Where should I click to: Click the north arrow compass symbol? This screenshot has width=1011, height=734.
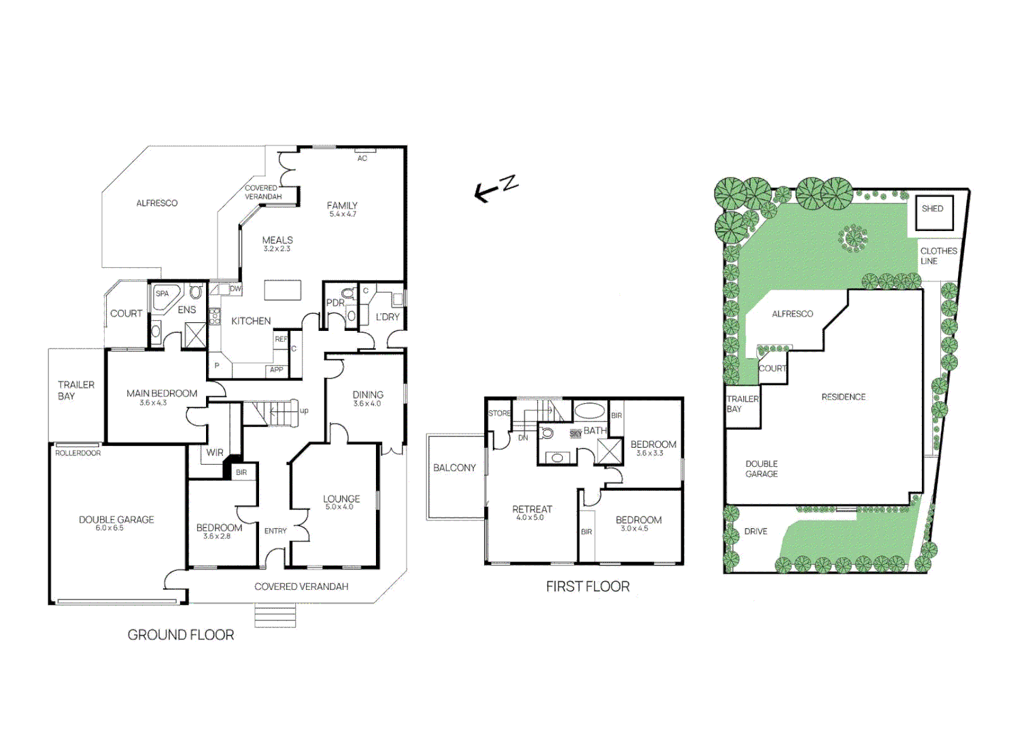pos(496,188)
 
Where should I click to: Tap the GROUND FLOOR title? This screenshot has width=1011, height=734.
pos(181,635)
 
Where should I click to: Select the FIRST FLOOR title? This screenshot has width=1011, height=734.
pos(587,587)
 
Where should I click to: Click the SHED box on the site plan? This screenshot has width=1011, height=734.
pos(933,211)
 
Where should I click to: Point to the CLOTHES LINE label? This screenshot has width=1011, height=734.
pos(938,256)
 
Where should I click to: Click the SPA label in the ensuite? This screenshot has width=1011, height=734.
pos(162,294)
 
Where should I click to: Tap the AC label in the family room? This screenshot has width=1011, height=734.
pos(362,158)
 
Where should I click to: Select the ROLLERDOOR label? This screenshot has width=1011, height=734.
pos(78,453)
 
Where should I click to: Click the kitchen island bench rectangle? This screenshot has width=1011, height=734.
pos(283,290)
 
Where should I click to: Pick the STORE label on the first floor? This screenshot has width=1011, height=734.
pos(499,413)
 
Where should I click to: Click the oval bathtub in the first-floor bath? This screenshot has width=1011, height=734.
pos(589,410)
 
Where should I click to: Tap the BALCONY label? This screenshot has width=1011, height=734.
pos(454,468)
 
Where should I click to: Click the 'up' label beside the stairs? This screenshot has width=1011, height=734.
pos(304,410)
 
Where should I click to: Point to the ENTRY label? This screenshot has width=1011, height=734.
pos(275,531)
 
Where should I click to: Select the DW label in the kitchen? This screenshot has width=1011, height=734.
pos(235,289)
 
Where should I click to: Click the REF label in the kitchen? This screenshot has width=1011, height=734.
pos(281,339)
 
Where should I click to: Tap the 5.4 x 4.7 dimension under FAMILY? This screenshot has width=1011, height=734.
pos(343,214)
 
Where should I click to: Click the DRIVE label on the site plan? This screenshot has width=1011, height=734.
pos(755,531)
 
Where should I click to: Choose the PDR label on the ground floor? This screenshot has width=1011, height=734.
pos(335,303)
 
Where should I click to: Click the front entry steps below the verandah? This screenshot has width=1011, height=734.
pos(275,616)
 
